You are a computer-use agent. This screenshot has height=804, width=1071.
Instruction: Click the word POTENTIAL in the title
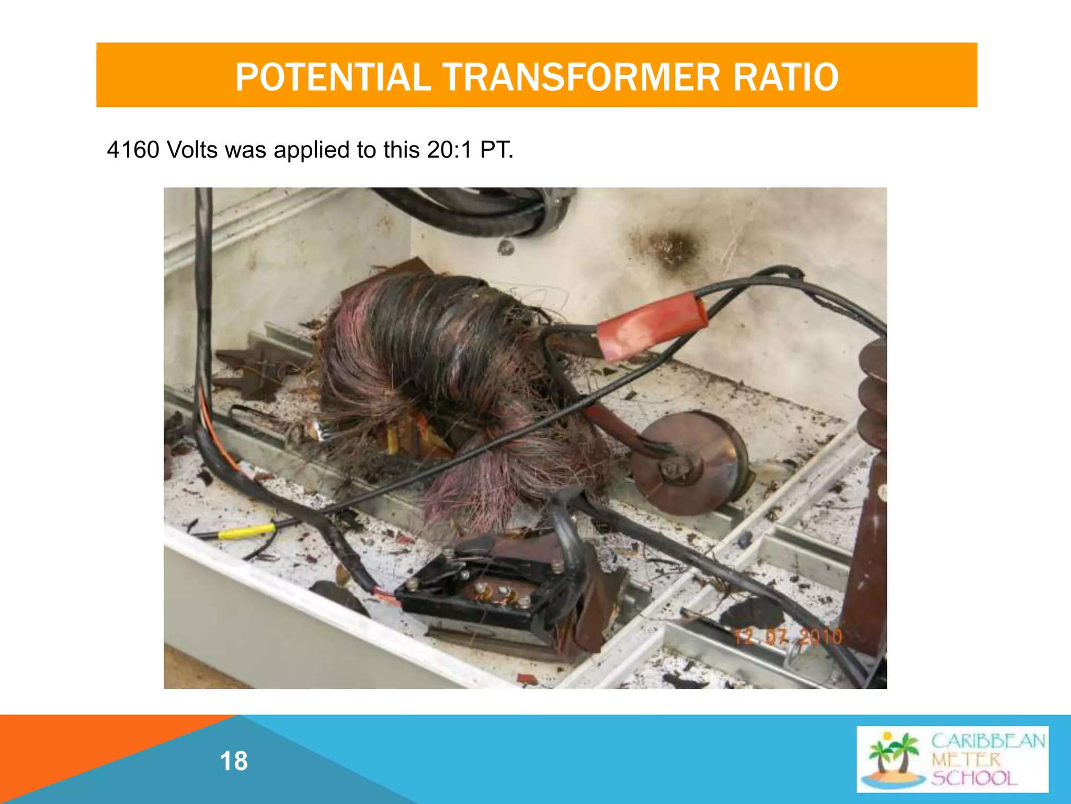[333, 77]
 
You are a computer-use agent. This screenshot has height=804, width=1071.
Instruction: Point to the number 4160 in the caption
[133, 150]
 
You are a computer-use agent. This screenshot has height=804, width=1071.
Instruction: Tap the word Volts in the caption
[192, 150]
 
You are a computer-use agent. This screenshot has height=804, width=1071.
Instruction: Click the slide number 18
[234, 761]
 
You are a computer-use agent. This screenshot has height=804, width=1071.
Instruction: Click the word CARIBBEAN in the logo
[988, 741]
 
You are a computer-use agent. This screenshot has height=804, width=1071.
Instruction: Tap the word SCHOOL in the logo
[975, 778]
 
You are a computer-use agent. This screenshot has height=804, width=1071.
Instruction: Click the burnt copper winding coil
[445, 366]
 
